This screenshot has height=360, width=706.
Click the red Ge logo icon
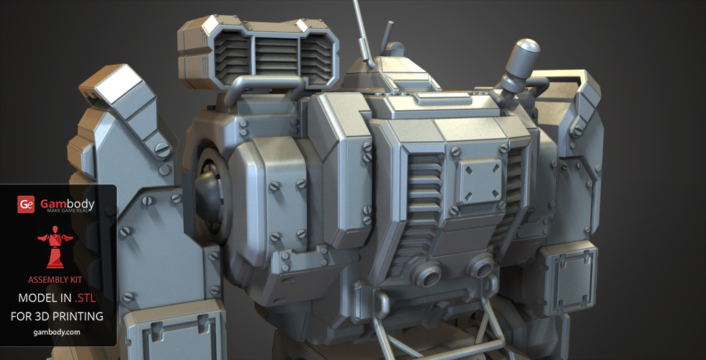pos(26,204)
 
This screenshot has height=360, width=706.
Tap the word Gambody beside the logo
pos(66,203)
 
